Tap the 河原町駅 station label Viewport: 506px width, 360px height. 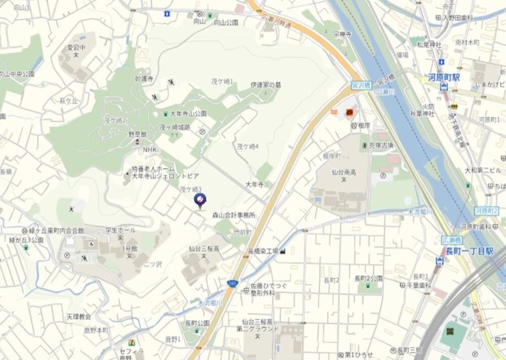[444, 78]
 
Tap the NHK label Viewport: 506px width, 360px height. [150, 150]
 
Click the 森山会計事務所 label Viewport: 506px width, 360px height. [234, 215]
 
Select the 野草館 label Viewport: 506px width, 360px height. [139, 134]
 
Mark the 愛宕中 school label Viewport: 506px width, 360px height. [77, 48]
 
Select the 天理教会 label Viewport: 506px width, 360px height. [79, 317]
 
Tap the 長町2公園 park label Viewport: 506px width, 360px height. [368, 278]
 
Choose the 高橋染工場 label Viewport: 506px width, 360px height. [263, 251]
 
